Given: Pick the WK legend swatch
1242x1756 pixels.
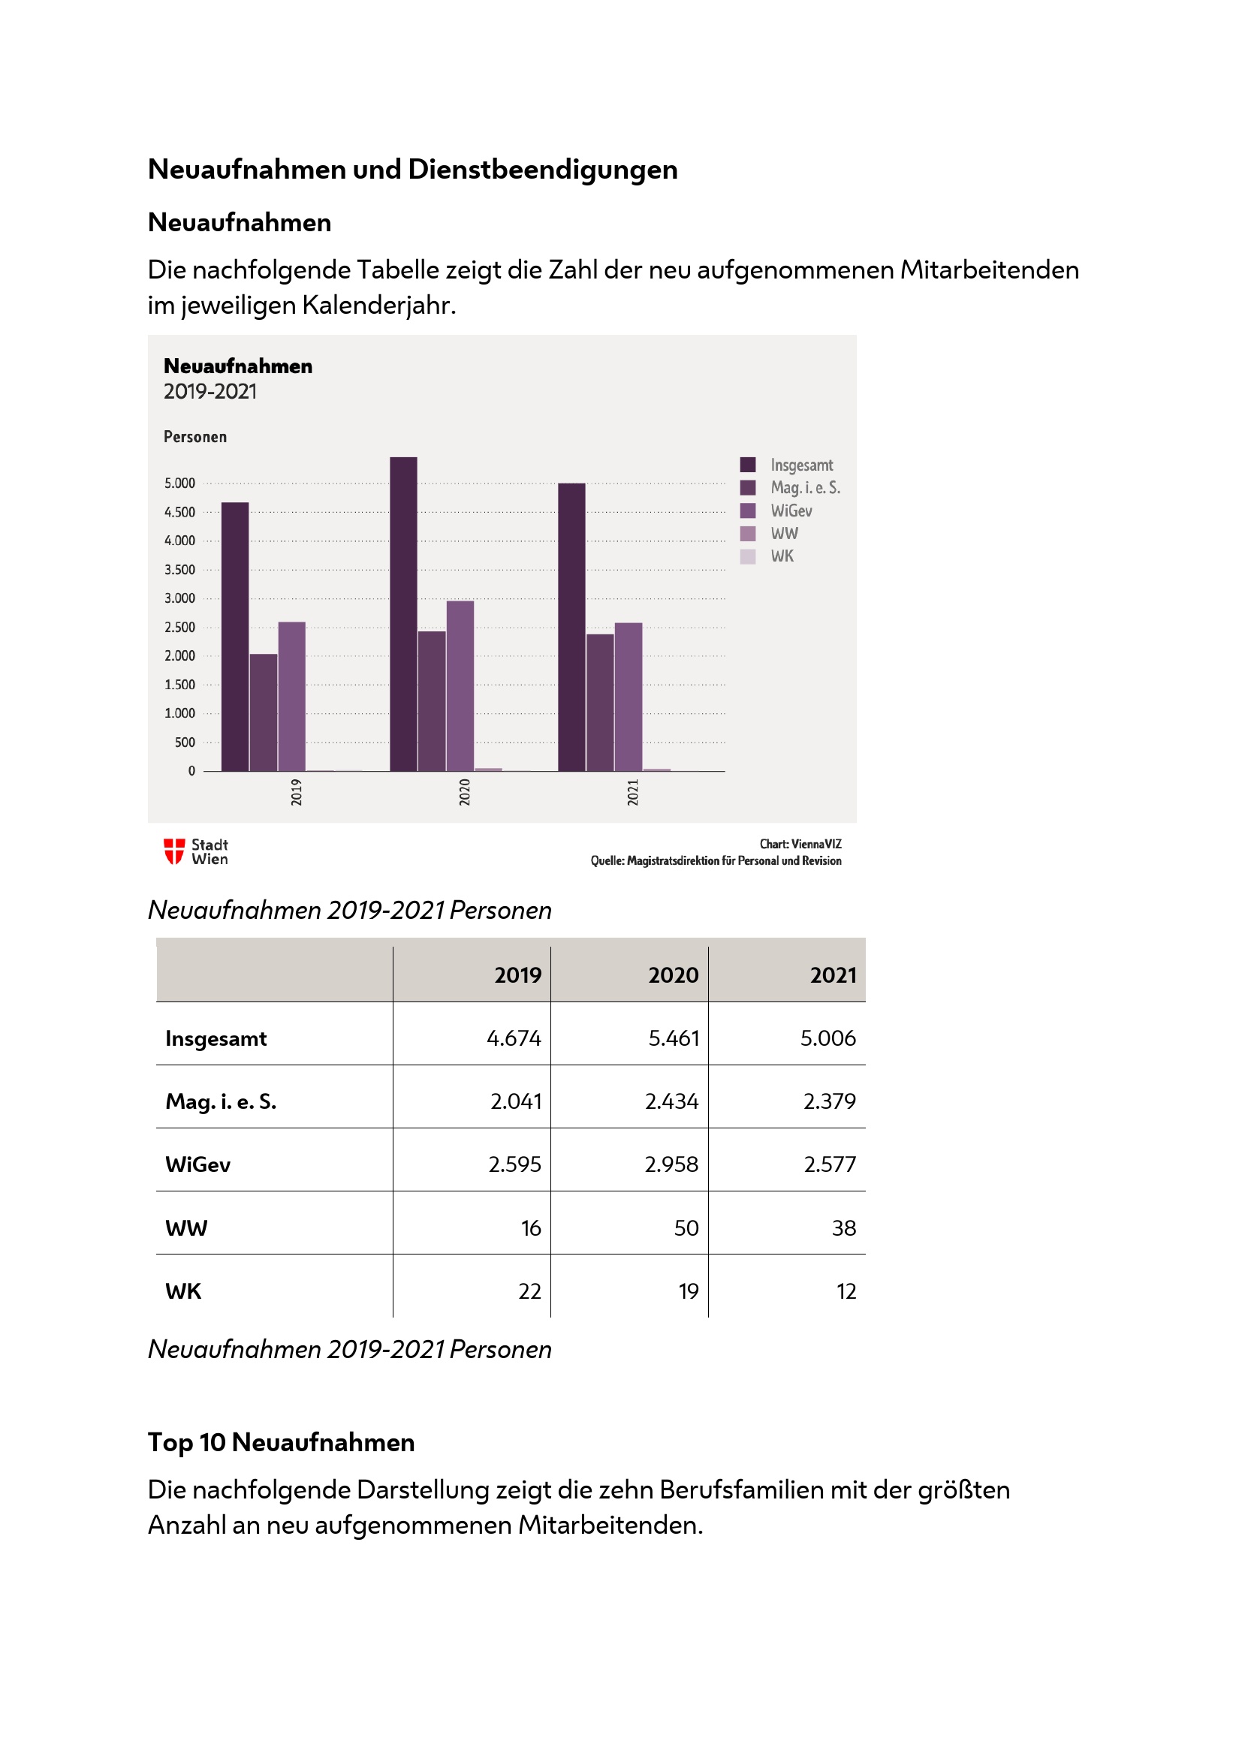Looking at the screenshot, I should click(x=748, y=557).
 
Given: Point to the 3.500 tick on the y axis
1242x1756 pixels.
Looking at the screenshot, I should click(x=179, y=570).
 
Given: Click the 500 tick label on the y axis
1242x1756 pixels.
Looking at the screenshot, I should click(x=184, y=742).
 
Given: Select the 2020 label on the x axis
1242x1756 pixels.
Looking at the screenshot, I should click(x=465, y=792).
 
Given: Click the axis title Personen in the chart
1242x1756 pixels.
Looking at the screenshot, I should click(x=195, y=437).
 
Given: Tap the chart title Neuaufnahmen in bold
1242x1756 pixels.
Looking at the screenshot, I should click(x=238, y=366).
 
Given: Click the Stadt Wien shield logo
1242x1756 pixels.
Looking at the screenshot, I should click(x=174, y=851).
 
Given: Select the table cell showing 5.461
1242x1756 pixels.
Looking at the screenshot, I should click(x=673, y=1038).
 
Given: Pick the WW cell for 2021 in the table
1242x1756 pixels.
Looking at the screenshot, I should click(x=843, y=1227).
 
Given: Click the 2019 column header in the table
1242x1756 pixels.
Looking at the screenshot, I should click(x=517, y=975).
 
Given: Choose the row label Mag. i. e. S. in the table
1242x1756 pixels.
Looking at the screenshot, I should click(x=221, y=1101).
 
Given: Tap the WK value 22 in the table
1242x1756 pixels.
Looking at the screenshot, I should click(x=529, y=1291).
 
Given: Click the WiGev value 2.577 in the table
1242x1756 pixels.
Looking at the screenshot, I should click(x=829, y=1164).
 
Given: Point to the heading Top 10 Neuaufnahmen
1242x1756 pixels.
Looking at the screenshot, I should click(x=281, y=1442).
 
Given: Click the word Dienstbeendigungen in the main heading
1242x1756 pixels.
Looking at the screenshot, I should click(x=542, y=170).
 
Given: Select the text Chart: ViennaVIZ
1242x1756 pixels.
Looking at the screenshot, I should click(x=800, y=845).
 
